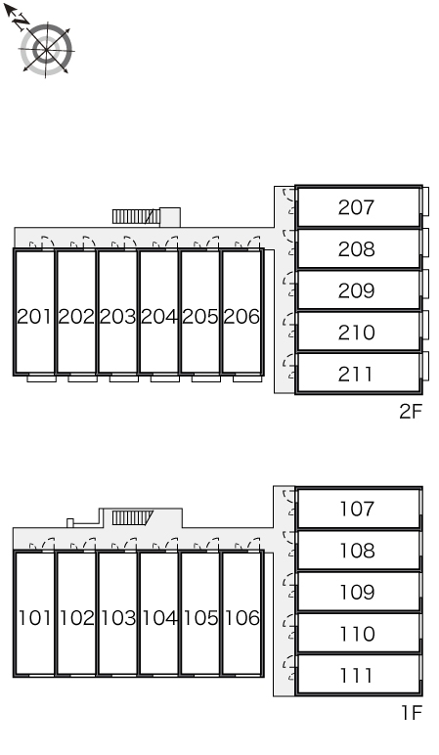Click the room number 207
[x=356, y=207]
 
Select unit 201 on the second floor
[x=33, y=312]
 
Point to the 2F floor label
[x=411, y=412]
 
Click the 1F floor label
[x=412, y=713]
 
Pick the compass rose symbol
[x=46, y=50]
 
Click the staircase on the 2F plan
[x=136, y=217]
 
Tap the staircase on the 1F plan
[x=132, y=518]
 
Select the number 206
[x=241, y=316]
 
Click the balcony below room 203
[x=124, y=378]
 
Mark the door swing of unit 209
[x=288, y=284]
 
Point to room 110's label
[x=357, y=634]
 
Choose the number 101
[x=34, y=618]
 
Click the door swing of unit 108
[x=288, y=544]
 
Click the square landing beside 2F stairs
[x=170, y=217]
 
